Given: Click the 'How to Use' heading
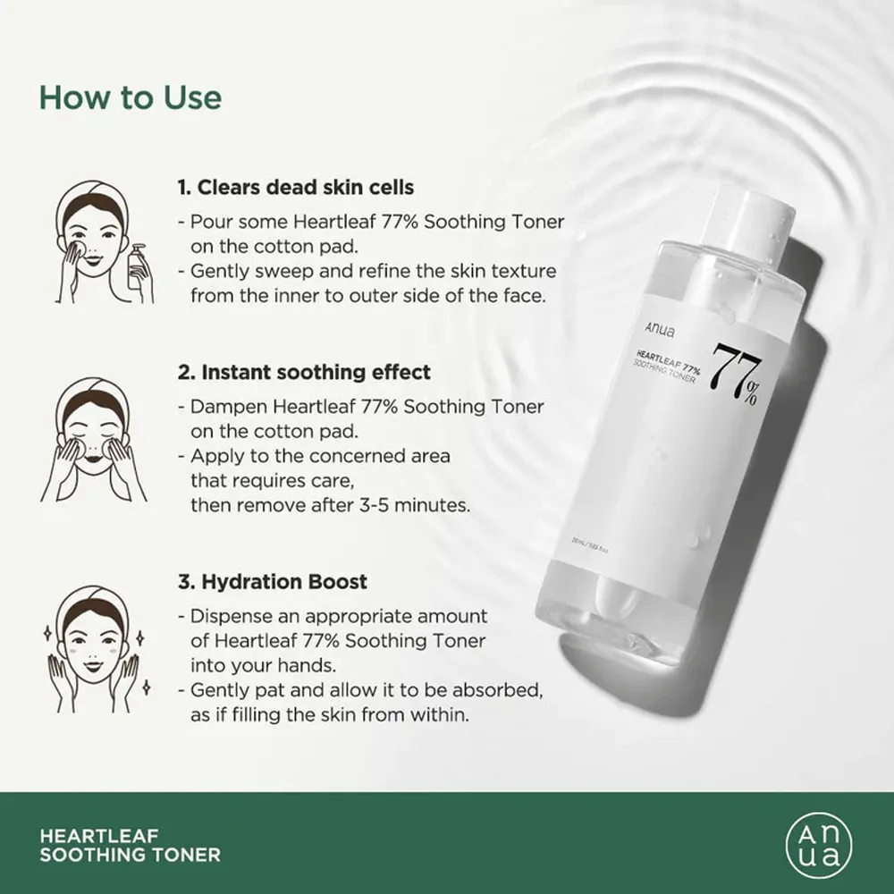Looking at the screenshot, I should pyautogui.click(x=130, y=97).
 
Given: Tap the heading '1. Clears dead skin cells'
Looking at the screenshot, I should pyautogui.click(x=295, y=188).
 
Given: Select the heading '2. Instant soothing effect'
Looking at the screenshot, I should pyautogui.click(x=304, y=371).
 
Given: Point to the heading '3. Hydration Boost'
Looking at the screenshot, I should pyautogui.click(x=273, y=582).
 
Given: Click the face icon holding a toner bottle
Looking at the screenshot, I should pyautogui.click(x=98, y=241).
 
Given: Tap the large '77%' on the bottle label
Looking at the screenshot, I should pyautogui.click(x=738, y=376).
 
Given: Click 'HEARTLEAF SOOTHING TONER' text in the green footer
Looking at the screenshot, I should pyautogui.click(x=130, y=845).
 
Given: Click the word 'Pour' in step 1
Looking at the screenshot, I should pyautogui.click(x=209, y=222).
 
